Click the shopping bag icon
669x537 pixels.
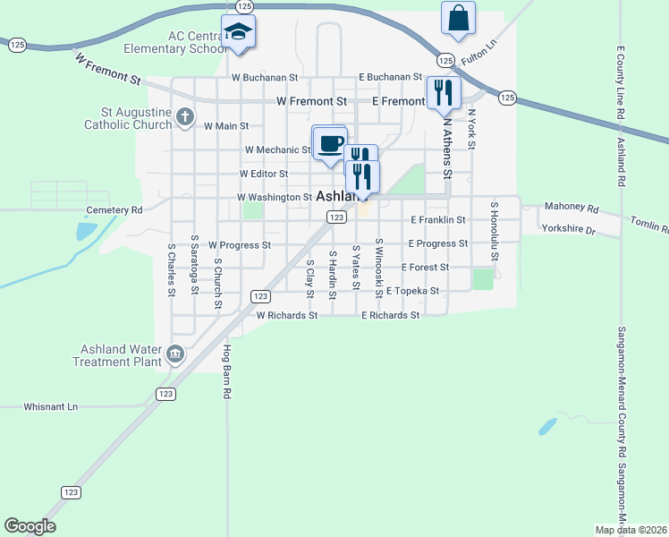458,19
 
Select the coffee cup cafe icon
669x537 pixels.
329,144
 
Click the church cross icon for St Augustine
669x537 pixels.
184,116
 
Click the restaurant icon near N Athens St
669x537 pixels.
444,93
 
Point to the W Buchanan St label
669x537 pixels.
264,78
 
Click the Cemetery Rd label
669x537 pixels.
114,210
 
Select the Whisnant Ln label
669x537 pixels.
49,406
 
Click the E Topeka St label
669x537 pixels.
412,291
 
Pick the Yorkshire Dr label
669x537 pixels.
568,230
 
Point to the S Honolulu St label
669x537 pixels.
493,229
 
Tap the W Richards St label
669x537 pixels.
287,315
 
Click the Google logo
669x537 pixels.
30,526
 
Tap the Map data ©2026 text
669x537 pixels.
631,530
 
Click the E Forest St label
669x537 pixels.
425,267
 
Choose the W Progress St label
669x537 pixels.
240,244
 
